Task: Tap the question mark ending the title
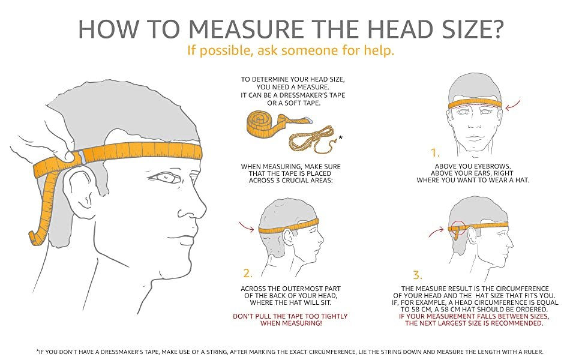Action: click(495, 29)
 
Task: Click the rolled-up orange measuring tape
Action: click(274, 125)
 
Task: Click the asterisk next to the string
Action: click(340, 139)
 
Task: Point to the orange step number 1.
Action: click(435, 152)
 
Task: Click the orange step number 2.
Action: click(248, 274)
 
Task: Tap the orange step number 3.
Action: click(418, 275)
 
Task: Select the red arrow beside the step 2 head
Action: click(246, 226)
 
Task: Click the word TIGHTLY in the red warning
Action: click(331, 316)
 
